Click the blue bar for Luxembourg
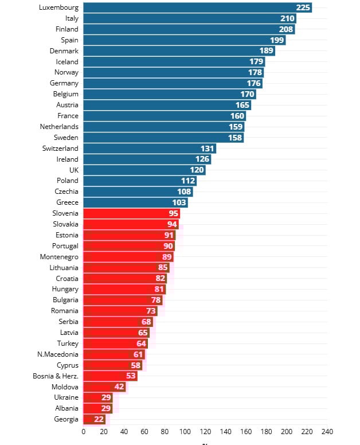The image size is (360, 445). point(189,7)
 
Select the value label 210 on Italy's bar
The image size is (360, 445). point(288,18)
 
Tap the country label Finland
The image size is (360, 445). point(67,29)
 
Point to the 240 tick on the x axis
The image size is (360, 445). point(327,432)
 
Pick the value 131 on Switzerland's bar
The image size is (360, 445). point(208,149)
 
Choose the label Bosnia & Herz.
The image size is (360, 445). point(56,376)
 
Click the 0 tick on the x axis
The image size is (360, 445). point(84,432)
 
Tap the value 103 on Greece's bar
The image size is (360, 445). point(180,202)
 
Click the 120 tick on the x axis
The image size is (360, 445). point(206,432)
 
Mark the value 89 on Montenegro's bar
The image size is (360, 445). point(167,257)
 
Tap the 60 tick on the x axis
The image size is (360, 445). point(144,432)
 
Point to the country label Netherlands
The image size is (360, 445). point(60,127)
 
